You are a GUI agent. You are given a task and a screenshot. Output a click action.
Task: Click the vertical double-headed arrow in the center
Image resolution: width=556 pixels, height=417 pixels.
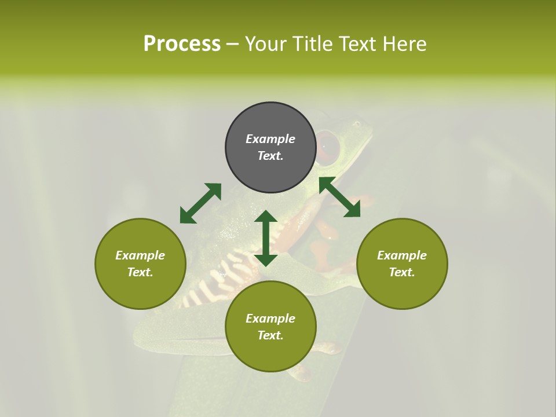pyautogui.click(x=266, y=238)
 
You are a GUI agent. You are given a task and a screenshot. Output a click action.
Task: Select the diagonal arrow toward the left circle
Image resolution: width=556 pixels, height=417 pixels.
pyautogui.click(x=200, y=203)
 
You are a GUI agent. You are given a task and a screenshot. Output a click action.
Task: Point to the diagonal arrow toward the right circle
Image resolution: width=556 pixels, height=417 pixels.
pyautogui.click(x=339, y=197)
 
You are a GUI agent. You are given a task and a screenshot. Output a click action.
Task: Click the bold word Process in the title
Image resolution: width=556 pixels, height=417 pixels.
pyautogui.click(x=182, y=43)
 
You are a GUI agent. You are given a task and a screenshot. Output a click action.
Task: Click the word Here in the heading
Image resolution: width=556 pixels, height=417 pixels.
pyautogui.click(x=405, y=43)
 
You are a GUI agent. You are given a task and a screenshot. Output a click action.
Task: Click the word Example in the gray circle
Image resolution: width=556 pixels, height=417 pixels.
pyautogui.click(x=270, y=139)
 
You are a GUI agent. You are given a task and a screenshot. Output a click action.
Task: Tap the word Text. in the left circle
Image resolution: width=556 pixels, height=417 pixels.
pyautogui.click(x=140, y=272)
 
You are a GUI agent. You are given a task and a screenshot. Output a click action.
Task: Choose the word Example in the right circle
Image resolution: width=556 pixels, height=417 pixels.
pyautogui.click(x=402, y=255)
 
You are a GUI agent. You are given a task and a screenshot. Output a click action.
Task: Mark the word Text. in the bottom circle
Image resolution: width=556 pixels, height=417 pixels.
pyautogui.click(x=270, y=335)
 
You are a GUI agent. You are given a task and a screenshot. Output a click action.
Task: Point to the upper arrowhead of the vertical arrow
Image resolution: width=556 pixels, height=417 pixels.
pyautogui.click(x=266, y=216)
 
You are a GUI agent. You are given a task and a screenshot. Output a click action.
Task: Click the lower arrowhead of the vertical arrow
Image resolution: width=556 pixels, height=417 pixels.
pyautogui.click(x=266, y=259)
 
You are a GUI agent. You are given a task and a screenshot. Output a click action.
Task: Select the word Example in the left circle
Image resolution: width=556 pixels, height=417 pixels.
pyautogui.click(x=140, y=255)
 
